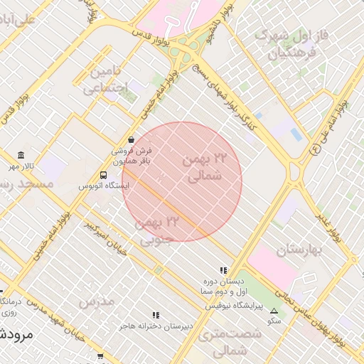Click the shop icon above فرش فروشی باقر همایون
click(131, 139)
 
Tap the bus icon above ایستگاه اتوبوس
click(104, 175)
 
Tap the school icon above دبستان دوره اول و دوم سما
click(223, 271)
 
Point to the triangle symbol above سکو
click(274, 311)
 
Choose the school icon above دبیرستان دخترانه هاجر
click(156, 315)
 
